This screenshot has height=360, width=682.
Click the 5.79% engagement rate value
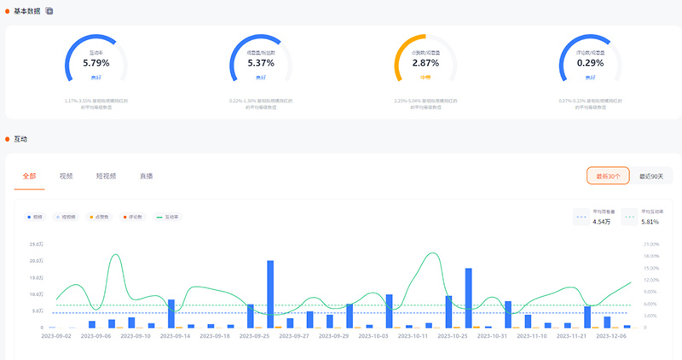[x=96, y=62]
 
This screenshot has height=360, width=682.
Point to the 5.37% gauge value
[x=260, y=62]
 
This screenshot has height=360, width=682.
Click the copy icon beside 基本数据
[x=49, y=10]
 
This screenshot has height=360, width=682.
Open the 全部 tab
[x=30, y=176]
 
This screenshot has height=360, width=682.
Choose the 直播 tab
[x=147, y=176]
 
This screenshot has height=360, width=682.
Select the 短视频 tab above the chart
[x=106, y=176]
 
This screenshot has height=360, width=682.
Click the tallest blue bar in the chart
[x=270, y=293]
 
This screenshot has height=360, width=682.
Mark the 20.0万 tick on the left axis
[x=36, y=260]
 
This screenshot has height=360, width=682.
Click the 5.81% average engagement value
[x=650, y=222]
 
